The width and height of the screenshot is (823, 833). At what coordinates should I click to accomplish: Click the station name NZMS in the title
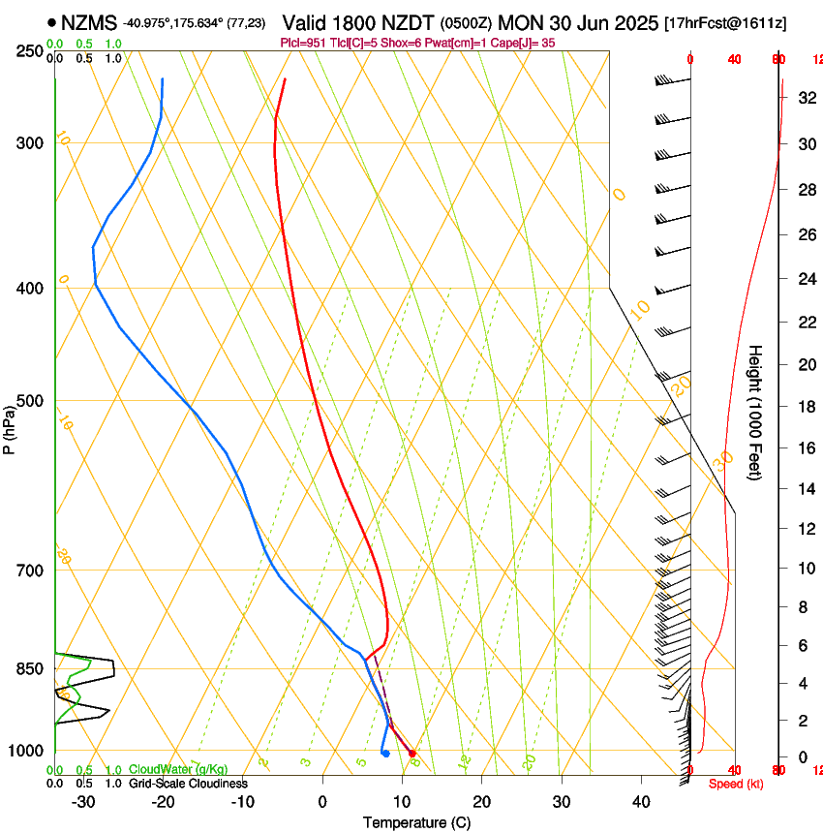click(x=89, y=21)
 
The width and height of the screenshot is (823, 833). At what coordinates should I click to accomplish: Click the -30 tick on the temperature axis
click(x=83, y=802)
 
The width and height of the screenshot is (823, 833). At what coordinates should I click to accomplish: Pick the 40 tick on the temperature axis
click(x=640, y=802)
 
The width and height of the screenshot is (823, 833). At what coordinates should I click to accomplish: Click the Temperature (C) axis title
click(x=416, y=822)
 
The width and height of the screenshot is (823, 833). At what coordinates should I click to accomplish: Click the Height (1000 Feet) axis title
click(x=755, y=413)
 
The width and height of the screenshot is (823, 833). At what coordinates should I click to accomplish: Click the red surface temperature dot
click(x=412, y=753)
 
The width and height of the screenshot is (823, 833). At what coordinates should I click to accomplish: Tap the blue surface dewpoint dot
click(x=385, y=753)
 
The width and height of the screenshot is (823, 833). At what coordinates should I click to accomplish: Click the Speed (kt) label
click(x=736, y=784)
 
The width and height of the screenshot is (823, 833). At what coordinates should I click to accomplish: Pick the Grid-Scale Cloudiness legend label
click(x=188, y=784)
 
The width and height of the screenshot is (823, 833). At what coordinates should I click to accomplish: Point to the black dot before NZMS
click(x=51, y=21)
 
